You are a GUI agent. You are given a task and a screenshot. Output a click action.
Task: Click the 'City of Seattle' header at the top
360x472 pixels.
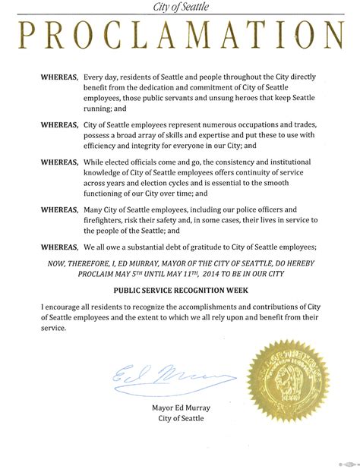click(x=180, y=7)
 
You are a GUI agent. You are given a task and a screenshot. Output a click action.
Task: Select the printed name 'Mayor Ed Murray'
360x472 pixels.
click(x=180, y=407)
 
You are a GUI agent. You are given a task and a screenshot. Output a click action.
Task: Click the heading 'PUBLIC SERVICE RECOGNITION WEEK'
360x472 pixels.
click(x=180, y=290)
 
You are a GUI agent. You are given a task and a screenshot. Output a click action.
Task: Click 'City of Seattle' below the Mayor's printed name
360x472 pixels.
click(x=180, y=418)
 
